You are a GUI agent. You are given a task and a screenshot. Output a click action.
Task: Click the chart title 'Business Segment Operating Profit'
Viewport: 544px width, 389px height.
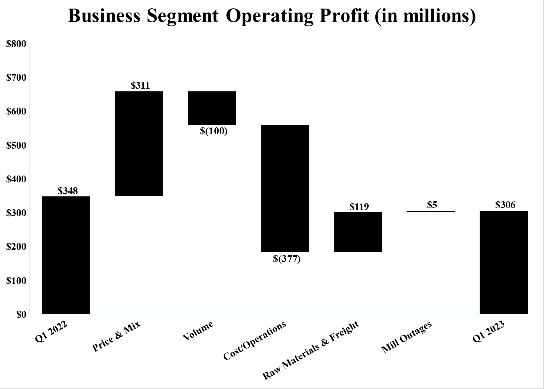271,16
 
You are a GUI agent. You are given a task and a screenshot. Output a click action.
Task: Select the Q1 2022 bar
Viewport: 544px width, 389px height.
66,255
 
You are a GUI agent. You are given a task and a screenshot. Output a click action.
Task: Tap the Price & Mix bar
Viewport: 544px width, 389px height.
139,144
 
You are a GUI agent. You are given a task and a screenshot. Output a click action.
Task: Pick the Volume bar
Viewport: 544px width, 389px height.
212,108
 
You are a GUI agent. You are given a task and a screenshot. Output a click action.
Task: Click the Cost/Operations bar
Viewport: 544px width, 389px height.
285,188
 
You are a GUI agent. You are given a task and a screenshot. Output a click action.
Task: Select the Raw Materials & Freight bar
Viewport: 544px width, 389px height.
358,232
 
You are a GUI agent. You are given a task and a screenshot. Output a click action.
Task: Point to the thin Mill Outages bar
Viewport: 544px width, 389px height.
431,211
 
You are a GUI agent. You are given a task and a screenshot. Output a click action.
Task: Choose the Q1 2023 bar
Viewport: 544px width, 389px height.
503,262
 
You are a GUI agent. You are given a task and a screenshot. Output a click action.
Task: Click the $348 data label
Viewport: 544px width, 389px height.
67,191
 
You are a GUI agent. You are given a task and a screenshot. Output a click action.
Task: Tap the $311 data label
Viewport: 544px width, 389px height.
140,86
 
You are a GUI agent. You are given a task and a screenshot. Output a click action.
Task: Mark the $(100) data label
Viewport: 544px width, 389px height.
214,131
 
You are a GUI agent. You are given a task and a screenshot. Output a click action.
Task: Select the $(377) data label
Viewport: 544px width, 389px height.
287,259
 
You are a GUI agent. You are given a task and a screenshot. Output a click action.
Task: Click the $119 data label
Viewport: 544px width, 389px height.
359,207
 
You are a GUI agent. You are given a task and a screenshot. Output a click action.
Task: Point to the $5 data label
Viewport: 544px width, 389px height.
432,205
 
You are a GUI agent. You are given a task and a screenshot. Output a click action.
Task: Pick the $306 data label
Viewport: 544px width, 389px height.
505,205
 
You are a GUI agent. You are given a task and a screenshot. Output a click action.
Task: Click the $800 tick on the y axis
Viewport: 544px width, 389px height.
16,44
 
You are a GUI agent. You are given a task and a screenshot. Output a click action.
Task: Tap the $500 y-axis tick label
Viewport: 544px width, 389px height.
16,145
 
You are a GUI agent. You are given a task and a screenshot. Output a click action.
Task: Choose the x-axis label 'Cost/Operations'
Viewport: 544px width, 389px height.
254,341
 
